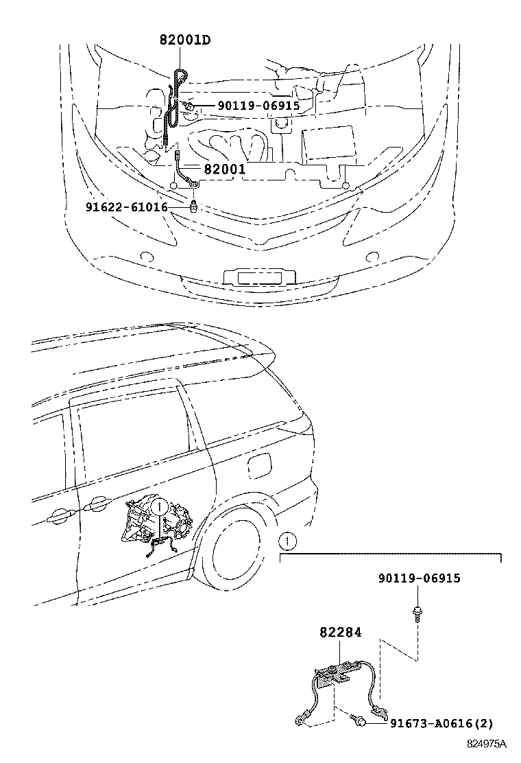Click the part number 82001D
184,40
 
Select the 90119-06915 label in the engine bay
249,106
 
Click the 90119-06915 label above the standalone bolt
419,578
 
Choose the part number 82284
339,632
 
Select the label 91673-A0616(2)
441,723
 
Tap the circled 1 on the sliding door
158,507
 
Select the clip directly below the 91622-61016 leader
195,206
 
